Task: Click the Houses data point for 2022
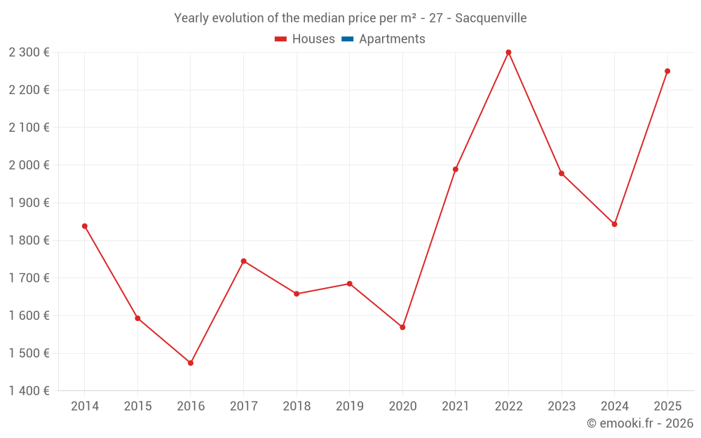point(508,53)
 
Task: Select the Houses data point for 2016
point(191,363)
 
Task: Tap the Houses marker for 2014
point(85,226)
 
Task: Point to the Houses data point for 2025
point(667,71)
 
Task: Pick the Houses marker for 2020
point(402,327)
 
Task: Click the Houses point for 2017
point(243,261)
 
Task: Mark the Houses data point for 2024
point(614,224)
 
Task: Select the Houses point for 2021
point(456,170)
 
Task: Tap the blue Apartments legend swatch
point(347,39)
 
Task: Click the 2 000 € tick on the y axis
point(29,165)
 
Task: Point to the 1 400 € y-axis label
point(29,391)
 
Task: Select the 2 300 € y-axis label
point(29,53)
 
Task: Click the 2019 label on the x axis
point(349,406)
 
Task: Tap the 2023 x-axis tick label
point(562,406)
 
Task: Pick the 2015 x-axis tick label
point(137,406)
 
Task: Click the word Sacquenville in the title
point(491,18)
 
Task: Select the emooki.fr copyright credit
point(639,423)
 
